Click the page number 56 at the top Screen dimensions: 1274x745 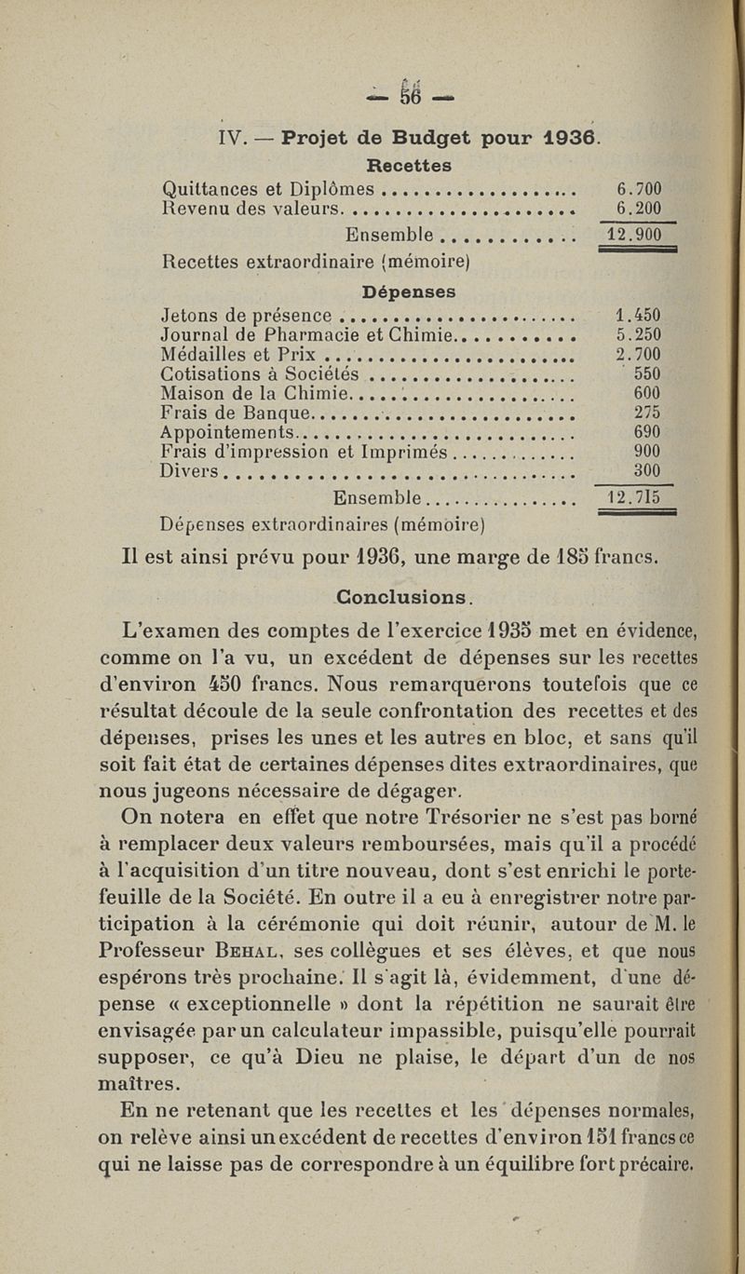[411, 96]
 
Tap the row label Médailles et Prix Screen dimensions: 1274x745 [240, 354]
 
